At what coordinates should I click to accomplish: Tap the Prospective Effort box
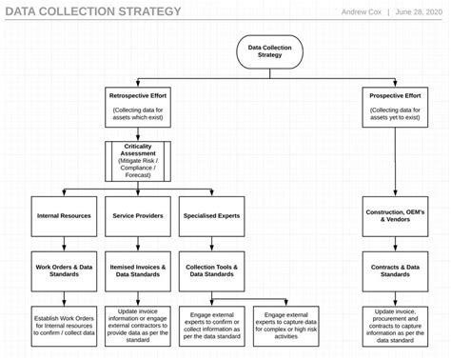tap(395, 109)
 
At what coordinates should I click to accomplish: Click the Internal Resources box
tap(64, 216)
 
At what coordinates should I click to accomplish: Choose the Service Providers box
tap(136, 216)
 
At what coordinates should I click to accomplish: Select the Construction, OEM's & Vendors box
tap(394, 216)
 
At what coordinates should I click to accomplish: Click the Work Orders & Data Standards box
tap(64, 270)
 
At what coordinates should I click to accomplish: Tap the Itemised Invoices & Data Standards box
tap(136, 270)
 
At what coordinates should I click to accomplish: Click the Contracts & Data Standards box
tap(394, 270)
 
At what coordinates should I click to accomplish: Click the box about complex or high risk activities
tap(286, 324)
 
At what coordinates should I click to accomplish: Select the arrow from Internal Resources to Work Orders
tap(64, 244)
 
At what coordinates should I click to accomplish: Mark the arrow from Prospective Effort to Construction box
tap(394, 162)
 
